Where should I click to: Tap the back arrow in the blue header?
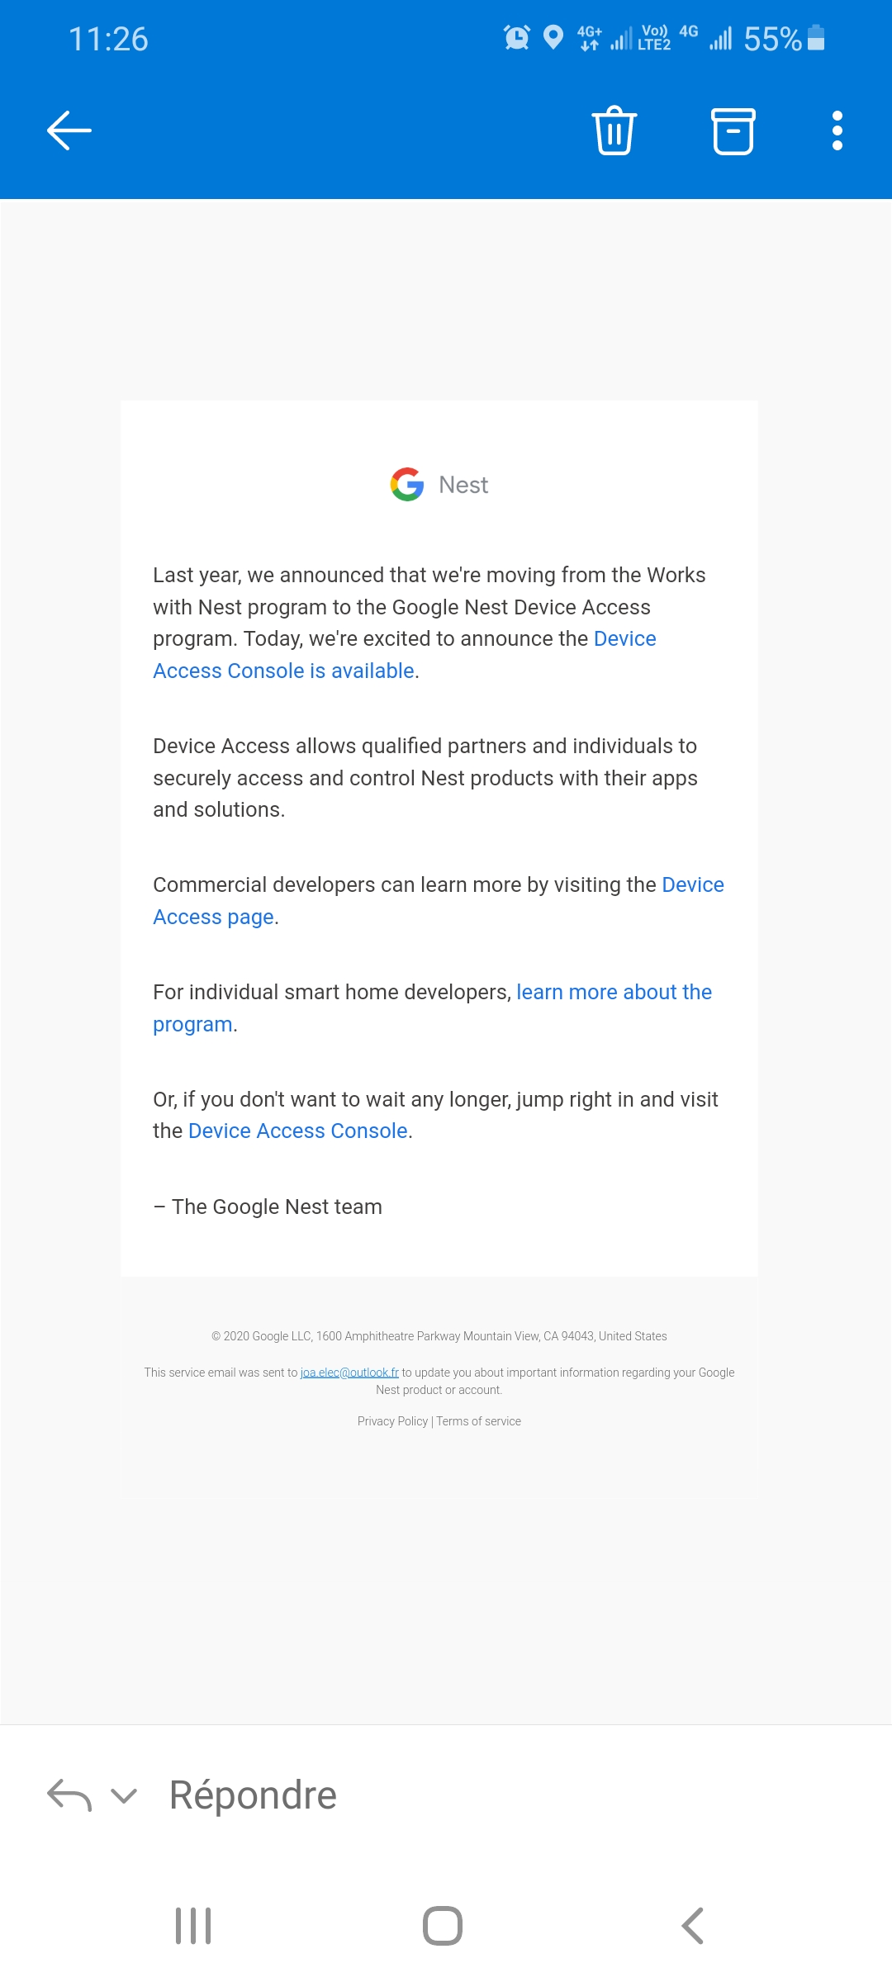point(69,130)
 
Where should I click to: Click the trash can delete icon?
point(614,130)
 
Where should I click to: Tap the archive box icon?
point(733,131)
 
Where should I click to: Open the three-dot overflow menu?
point(837,130)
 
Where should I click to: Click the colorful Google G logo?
point(407,485)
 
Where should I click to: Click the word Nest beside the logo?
point(463,485)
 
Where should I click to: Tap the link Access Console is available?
point(283,671)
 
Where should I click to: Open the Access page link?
point(213,917)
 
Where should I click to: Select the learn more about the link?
point(614,992)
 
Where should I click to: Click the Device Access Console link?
point(298,1131)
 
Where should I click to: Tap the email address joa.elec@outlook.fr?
point(349,1373)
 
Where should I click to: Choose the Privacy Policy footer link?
point(392,1421)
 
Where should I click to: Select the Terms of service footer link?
point(479,1421)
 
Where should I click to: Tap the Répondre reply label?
point(253,1795)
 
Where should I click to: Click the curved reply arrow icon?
point(69,1795)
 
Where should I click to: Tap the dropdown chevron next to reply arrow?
point(124,1795)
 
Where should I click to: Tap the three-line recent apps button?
point(193,1926)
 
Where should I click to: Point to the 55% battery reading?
point(772,39)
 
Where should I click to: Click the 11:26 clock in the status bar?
point(108,39)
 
